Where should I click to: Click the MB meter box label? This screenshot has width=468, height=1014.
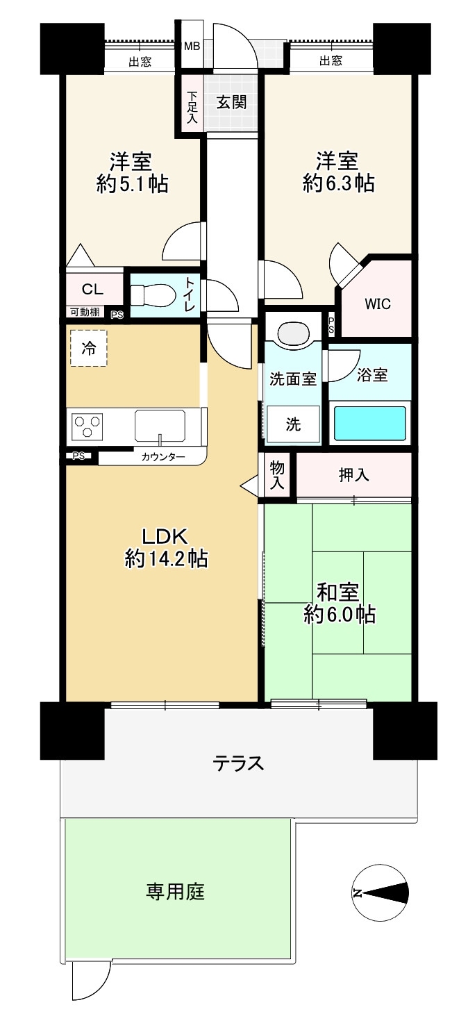click(192, 46)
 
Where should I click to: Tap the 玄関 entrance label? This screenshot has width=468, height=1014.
click(231, 102)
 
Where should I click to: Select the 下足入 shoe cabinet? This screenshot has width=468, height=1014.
click(192, 107)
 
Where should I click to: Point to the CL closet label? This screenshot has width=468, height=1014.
click(92, 289)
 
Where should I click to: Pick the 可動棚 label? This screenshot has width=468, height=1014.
click(85, 312)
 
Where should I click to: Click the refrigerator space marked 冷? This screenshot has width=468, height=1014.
click(89, 348)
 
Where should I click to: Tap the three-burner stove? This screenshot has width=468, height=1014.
click(87, 426)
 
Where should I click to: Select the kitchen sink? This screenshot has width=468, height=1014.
click(159, 426)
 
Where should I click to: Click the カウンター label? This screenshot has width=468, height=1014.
click(163, 457)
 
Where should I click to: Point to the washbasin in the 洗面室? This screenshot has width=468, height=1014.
click(293, 333)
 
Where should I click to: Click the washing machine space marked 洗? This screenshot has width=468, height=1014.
click(293, 424)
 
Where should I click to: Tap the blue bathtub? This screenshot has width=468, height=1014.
click(369, 423)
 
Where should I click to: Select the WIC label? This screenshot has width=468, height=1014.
click(378, 304)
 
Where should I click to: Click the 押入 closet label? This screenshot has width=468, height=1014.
click(354, 475)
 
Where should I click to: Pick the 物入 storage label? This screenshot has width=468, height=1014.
click(277, 475)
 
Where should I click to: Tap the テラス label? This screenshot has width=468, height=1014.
click(238, 763)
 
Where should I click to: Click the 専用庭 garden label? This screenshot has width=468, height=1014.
click(175, 891)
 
